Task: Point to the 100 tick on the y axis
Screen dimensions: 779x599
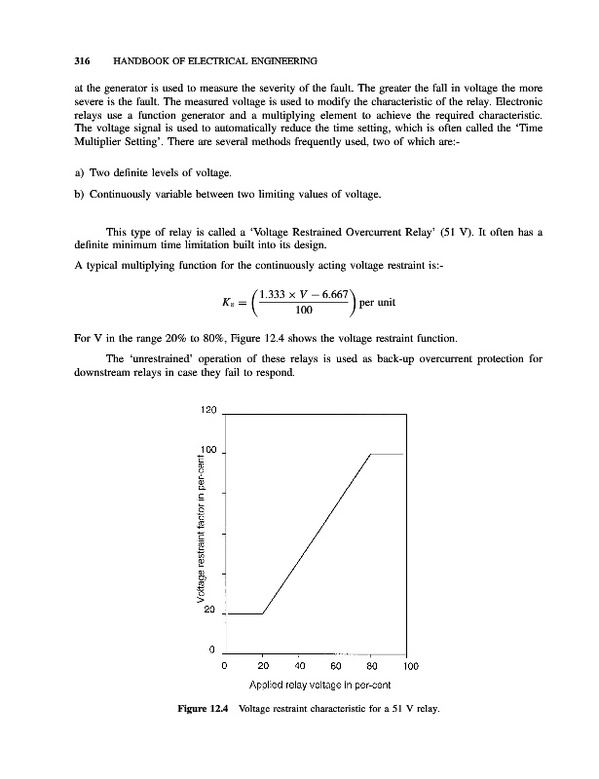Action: click(206, 451)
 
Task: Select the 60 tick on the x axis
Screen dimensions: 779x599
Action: click(335, 667)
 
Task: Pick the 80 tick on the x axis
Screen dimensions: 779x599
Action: click(371, 667)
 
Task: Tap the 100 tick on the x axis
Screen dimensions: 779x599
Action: click(409, 667)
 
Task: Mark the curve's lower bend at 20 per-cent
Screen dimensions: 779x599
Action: click(263, 614)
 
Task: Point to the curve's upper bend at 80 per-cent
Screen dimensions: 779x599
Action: click(371, 454)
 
